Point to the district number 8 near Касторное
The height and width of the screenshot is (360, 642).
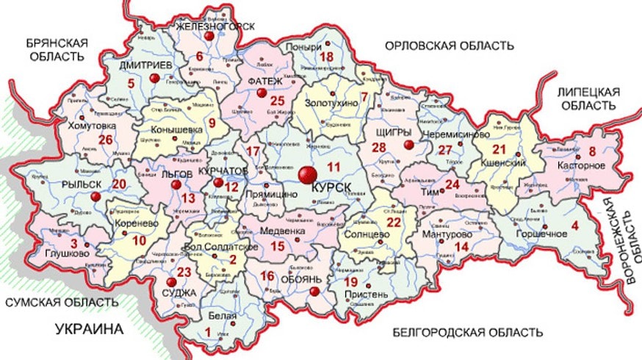(x=592, y=152)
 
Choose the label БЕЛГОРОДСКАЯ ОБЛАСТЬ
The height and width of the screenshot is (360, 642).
(x=467, y=333)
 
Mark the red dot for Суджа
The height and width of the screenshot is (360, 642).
(x=171, y=282)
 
